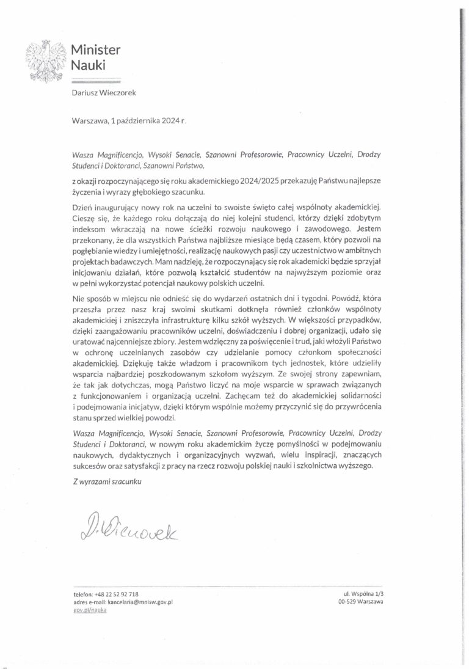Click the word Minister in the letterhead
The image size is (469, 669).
pyautogui.click(x=96, y=49)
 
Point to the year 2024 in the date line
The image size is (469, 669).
pyautogui.click(x=169, y=121)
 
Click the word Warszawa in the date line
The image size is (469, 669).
pyautogui.click(x=90, y=121)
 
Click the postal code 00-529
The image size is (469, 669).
pyautogui.click(x=347, y=602)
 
